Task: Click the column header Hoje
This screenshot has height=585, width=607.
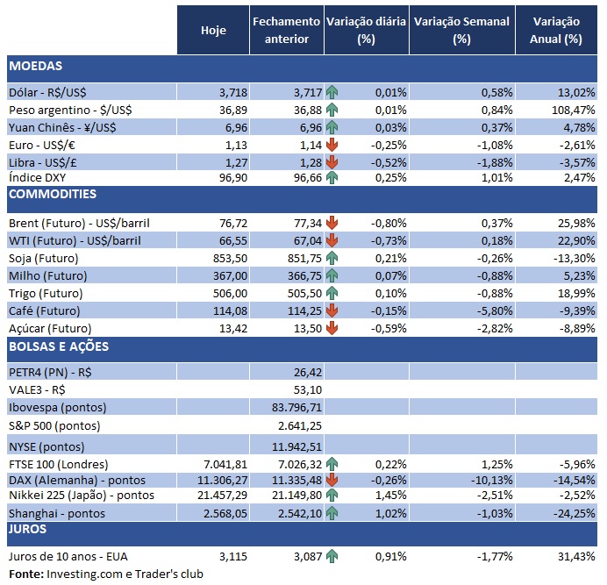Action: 213,30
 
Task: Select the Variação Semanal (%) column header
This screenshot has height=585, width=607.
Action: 461,30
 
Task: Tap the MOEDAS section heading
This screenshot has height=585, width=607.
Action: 36,67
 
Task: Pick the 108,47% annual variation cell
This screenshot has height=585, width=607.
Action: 568,110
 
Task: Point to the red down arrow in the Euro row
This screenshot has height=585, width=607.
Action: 332,145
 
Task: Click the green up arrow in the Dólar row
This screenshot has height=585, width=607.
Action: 332,92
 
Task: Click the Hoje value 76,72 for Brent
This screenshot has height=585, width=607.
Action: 223,225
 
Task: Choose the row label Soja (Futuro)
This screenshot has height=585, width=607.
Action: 43,259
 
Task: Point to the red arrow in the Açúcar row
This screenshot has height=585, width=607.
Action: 332,328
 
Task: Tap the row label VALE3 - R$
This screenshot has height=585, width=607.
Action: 38,389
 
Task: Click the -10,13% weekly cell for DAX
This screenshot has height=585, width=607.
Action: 488,480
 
